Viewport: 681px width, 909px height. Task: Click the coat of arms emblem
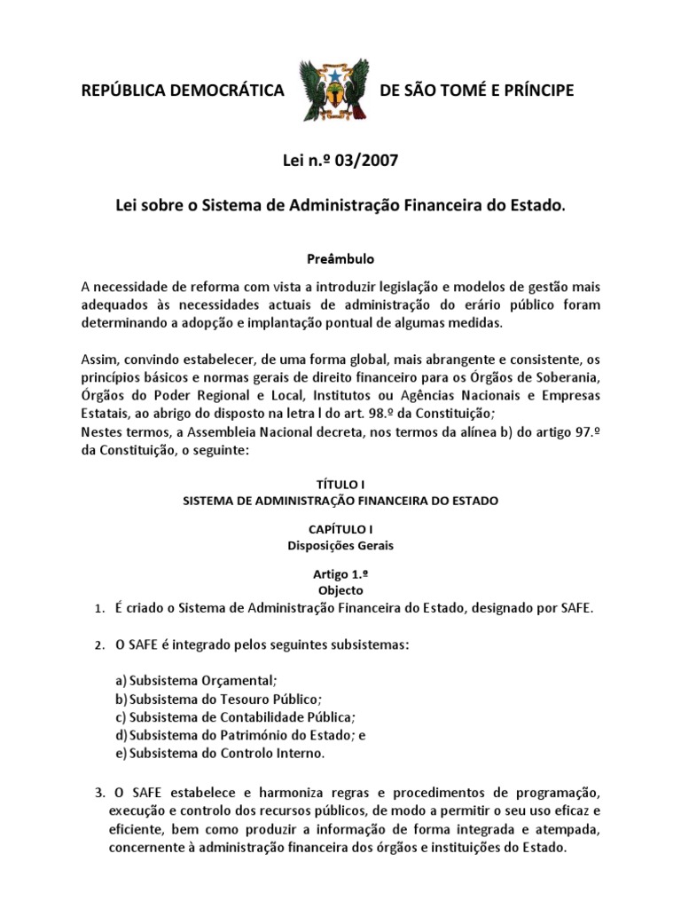click(334, 91)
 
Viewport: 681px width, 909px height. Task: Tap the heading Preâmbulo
click(340, 259)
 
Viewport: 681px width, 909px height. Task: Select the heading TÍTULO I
click(340, 485)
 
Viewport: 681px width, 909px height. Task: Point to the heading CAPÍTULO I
click(340, 529)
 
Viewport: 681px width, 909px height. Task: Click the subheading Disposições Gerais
click(340, 545)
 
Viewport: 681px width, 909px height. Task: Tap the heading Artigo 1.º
click(340, 574)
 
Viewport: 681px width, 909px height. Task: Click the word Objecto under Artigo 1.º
click(340, 589)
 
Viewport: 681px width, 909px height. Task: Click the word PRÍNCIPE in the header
click(534, 91)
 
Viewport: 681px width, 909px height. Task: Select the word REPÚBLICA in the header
click(125, 91)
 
